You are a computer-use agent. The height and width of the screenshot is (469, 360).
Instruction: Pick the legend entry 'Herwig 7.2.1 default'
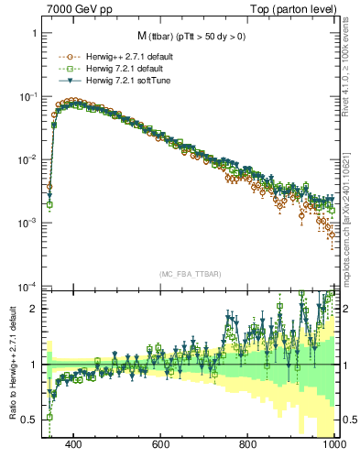[117, 68]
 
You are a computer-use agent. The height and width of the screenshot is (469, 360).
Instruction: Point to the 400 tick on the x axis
[74, 444]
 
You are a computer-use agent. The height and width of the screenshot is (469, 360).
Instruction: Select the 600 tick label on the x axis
[161, 444]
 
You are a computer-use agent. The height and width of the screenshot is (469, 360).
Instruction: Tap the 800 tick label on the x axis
[248, 444]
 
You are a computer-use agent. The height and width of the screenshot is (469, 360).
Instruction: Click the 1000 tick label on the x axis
[333, 444]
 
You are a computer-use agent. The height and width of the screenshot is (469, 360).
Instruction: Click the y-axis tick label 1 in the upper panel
[34, 34]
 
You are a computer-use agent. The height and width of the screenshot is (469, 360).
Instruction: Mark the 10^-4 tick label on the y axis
[27, 286]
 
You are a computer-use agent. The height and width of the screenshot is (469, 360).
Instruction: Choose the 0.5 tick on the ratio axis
[29, 420]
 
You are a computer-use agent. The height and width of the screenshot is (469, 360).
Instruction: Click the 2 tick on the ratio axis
[34, 309]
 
